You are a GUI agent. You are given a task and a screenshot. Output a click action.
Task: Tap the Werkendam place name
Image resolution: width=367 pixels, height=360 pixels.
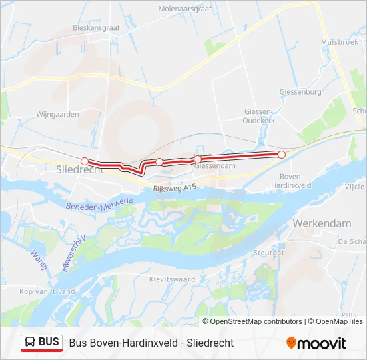coord(322,223)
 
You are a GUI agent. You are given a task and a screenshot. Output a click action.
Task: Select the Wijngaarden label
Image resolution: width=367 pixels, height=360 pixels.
coord(58,115)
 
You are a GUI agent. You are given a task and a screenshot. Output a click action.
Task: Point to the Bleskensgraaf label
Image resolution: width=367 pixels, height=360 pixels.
coord(95,29)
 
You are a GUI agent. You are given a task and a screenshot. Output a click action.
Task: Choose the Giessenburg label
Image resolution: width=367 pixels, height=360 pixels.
coord(302,92)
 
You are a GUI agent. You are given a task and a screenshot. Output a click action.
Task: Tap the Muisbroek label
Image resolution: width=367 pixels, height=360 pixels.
coord(340,41)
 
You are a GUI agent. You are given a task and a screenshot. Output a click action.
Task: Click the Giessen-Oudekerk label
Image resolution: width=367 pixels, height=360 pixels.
coord(258,116)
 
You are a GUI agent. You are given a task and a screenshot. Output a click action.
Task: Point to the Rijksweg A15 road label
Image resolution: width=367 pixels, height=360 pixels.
coord(175,189)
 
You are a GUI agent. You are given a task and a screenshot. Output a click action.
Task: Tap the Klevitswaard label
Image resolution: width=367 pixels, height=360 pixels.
coord(172,279)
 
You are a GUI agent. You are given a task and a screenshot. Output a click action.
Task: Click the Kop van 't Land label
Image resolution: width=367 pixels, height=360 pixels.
coord(47,292)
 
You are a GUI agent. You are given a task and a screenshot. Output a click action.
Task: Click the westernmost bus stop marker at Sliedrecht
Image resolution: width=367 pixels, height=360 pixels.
coord(85,161)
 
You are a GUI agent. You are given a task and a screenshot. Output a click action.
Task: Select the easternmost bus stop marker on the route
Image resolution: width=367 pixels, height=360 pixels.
coord(282,154)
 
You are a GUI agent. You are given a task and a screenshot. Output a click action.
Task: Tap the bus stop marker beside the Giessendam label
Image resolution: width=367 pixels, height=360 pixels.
coord(198,159)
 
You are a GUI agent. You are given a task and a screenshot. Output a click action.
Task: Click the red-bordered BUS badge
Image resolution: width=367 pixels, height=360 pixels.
coord(41,342)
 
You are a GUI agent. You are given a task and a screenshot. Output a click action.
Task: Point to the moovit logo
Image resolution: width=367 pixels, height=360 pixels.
coord(316,343)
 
